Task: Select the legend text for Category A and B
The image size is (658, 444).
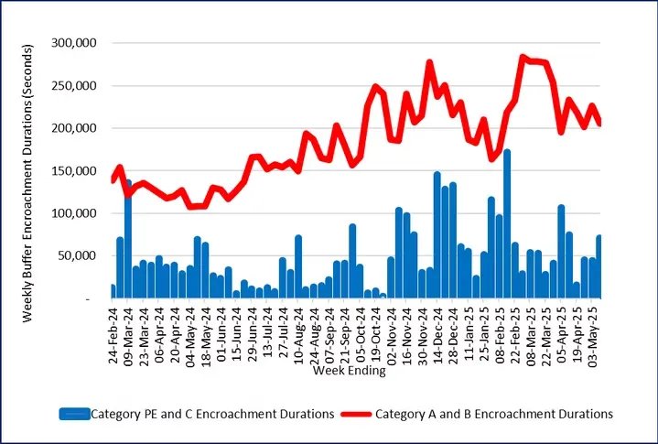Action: click(x=494, y=414)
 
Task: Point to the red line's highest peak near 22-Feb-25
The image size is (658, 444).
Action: click(x=523, y=58)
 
